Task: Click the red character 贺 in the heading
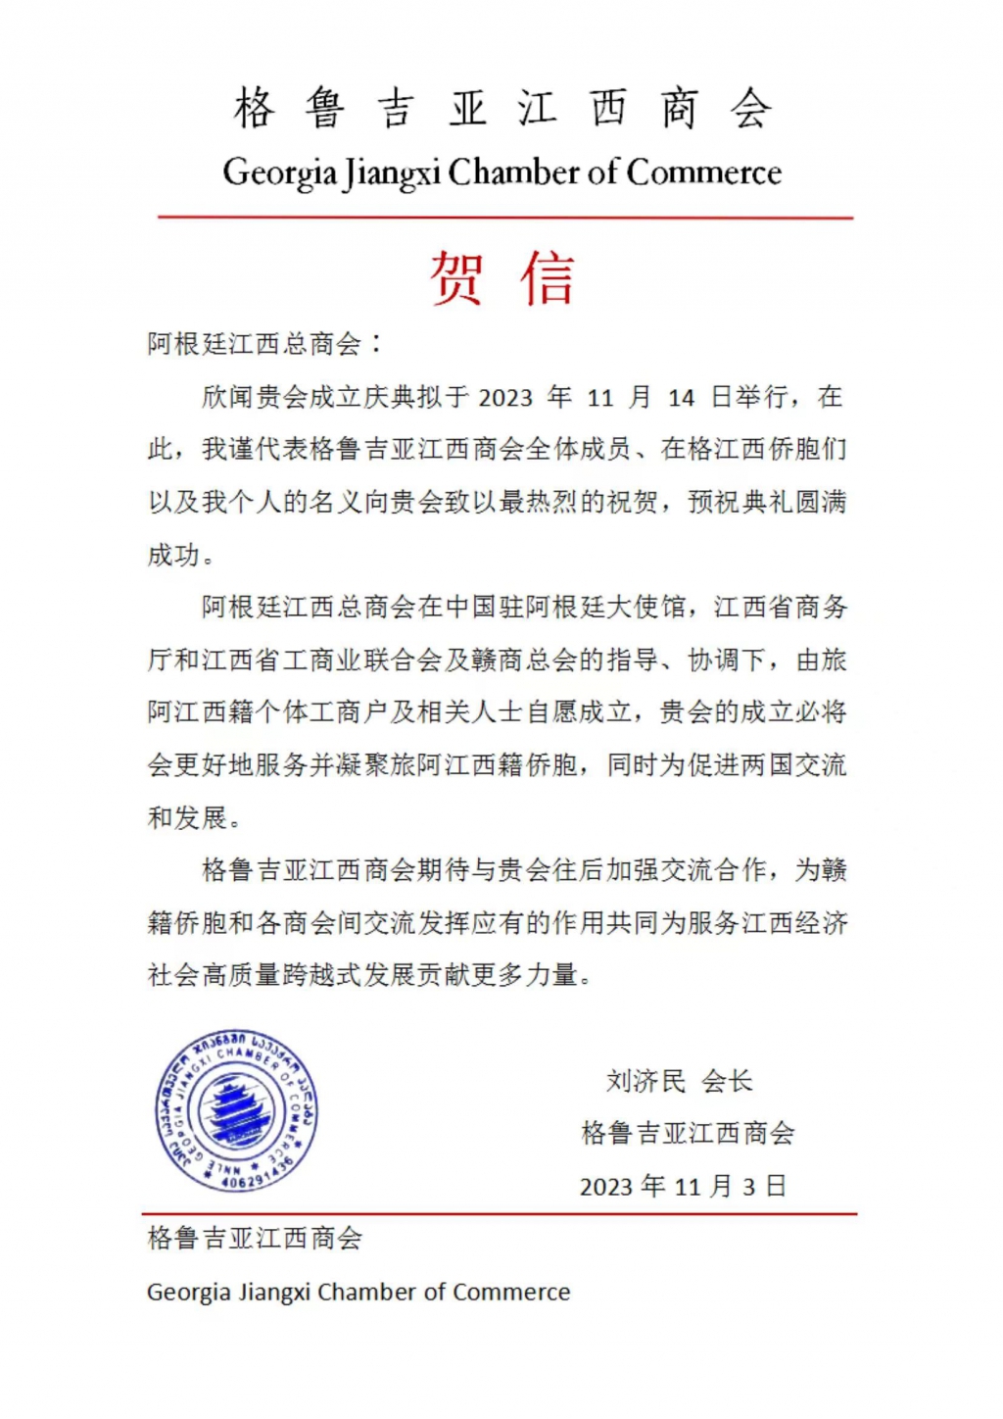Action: coord(456,278)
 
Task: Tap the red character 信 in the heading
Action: coord(547,278)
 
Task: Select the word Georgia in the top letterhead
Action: coord(280,173)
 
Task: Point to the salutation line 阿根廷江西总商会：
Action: coord(265,344)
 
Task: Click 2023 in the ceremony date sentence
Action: coord(505,398)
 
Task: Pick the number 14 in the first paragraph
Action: coord(681,398)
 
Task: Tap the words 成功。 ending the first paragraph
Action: coord(181,556)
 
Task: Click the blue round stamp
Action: coord(236,1111)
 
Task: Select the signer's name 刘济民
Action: coord(645,1082)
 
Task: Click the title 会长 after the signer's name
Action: coord(727,1082)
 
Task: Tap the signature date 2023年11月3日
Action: coord(684,1187)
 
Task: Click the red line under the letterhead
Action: coord(504,218)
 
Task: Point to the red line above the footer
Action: coord(500,1214)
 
